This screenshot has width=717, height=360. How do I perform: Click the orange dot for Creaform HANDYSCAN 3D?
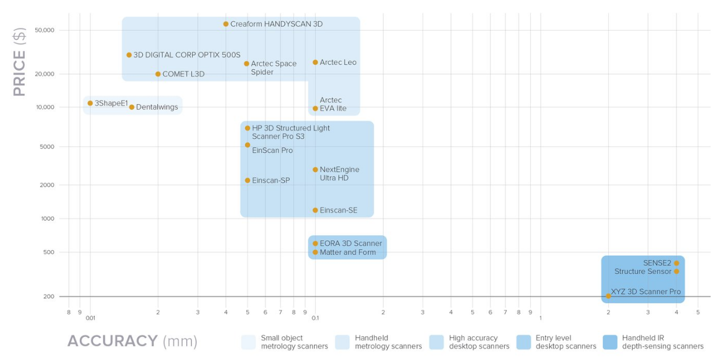[x=226, y=24]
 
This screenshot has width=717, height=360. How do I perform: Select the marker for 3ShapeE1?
[x=90, y=103]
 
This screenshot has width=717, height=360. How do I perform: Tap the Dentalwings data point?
[x=132, y=107]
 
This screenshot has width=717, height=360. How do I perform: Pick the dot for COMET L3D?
[x=158, y=74]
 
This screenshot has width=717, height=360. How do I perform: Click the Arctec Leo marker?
[x=315, y=62]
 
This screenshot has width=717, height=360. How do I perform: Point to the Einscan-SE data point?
[x=315, y=210]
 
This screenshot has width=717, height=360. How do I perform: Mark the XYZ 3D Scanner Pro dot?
[x=608, y=296]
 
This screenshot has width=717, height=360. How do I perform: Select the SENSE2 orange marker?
[x=677, y=263]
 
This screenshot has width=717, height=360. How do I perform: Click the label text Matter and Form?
[x=348, y=253]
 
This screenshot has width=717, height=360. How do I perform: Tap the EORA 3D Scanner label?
[x=350, y=243]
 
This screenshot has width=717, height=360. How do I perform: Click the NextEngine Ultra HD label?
[x=339, y=174]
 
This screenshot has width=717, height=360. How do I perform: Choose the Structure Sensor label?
[x=642, y=272]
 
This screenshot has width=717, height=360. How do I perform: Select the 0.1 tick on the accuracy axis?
[x=315, y=318]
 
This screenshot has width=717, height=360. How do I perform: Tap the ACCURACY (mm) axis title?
[x=132, y=341]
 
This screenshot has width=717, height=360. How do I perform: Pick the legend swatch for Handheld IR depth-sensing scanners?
[x=609, y=342]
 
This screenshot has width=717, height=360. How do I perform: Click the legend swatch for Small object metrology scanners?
[x=248, y=342]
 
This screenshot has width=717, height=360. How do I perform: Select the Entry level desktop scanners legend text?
[x=566, y=342]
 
